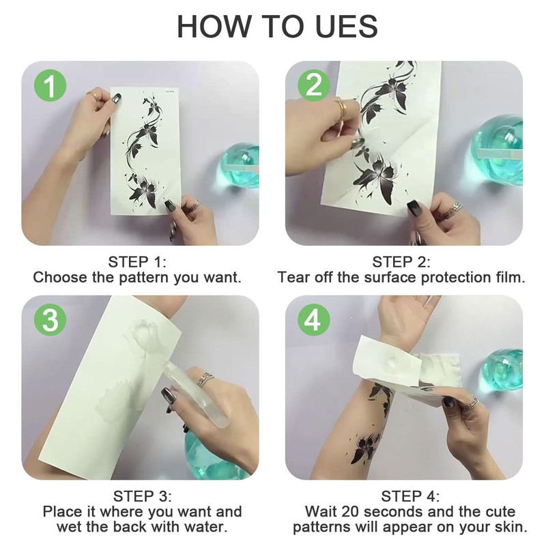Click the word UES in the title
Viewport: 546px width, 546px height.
pos(347,26)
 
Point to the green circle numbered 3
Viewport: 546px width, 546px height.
pos(50,320)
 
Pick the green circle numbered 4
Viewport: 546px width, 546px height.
pos(314,320)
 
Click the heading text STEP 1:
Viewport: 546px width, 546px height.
pos(137,262)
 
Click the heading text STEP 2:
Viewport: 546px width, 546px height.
pos(401,262)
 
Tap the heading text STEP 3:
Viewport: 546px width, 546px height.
pos(142,496)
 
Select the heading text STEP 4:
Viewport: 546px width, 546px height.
pos(410,496)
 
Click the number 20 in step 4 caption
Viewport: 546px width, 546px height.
pos(350,512)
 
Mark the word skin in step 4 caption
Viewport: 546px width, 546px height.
pos(512,527)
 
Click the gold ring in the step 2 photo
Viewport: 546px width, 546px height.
pos(342,108)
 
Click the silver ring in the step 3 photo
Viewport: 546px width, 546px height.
pos(205,379)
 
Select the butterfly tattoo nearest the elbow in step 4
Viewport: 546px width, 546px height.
pos(364,448)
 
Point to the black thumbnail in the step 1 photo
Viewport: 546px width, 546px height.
pos(169,205)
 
